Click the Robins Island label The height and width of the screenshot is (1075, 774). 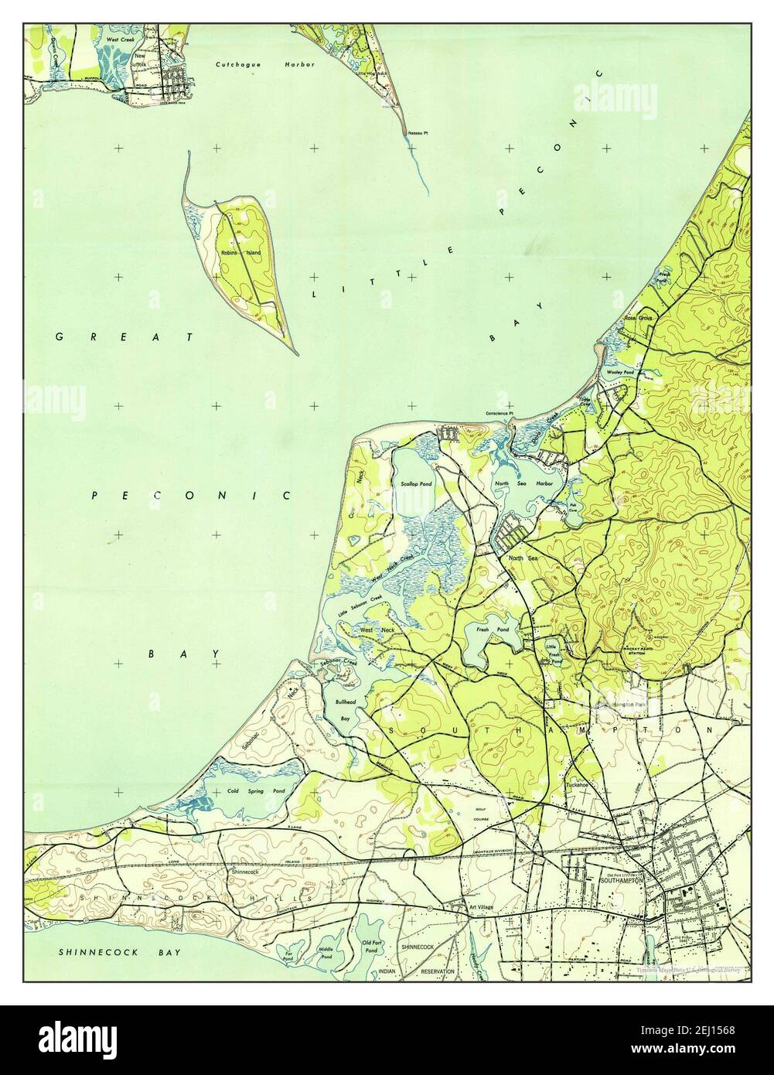pos(240,253)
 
